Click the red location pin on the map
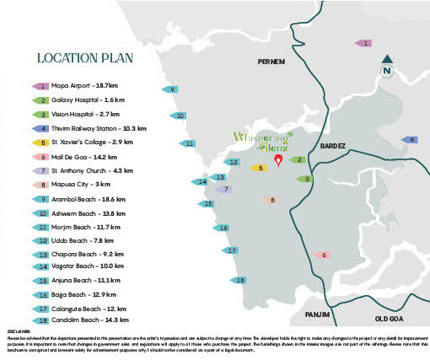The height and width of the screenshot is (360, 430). point(278,161)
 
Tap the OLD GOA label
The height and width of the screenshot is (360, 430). point(390,318)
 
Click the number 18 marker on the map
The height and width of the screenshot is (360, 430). point(240,280)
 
